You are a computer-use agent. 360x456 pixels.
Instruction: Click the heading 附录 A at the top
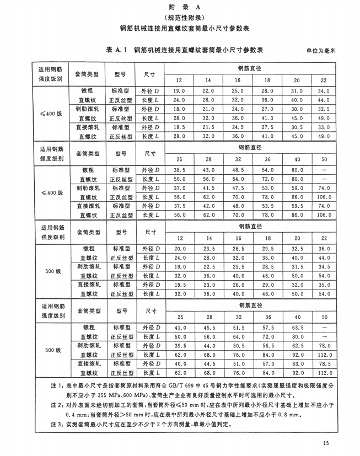click(180, 7)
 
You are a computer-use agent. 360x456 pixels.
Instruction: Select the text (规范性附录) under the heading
click(180, 18)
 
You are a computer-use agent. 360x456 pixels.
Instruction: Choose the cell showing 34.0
click(324, 90)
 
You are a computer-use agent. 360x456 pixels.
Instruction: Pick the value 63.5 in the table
click(297, 328)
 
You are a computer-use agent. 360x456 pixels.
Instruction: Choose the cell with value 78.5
click(324, 364)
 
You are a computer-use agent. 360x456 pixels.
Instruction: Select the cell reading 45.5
click(208, 328)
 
